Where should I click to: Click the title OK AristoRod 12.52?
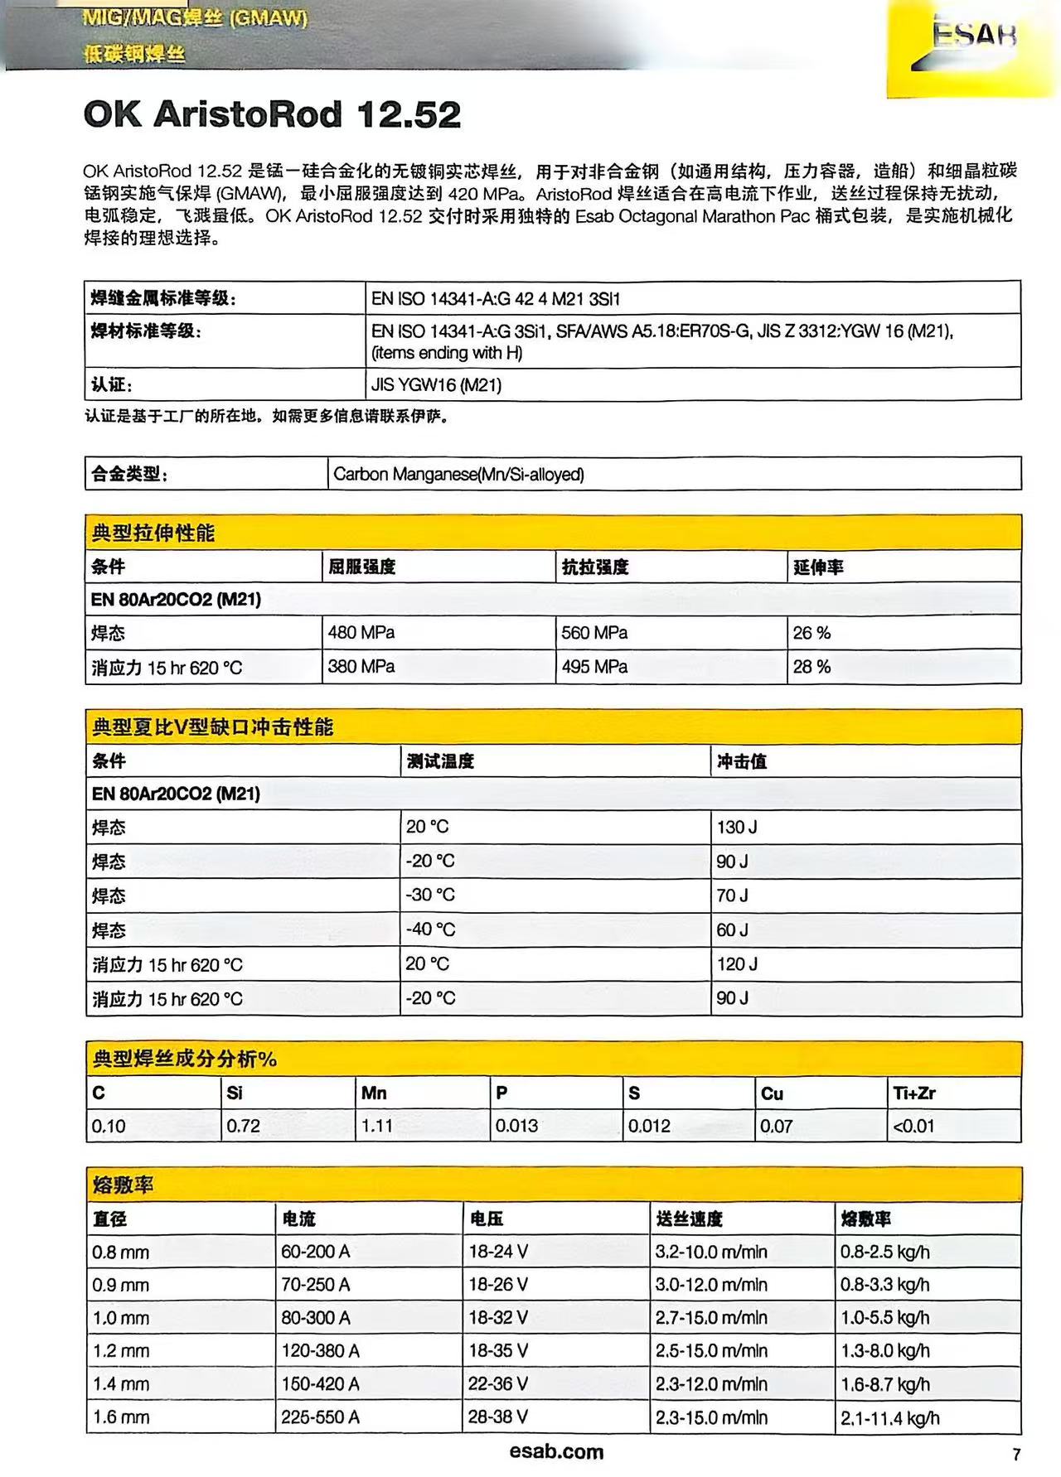coord(272,114)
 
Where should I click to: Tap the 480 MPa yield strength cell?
coord(361,633)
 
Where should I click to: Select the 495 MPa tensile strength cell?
coord(594,667)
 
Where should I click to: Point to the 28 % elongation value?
coord(811,667)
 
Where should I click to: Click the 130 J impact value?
coord(737,827)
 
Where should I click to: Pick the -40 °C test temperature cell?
coord(430,929)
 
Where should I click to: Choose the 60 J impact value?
coord(732,930)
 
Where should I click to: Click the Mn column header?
coord(374,1093)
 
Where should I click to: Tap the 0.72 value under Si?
coord(244,1127)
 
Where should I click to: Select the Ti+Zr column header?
coord(913,1093)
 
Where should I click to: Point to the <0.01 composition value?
coord(913,1127)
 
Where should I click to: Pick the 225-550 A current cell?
coord(320,1417)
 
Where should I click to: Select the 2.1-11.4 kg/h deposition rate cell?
coord(889,1418)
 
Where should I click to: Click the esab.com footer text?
coord(556,1451)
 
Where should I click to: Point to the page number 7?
coord(1016,1455)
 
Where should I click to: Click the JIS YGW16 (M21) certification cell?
coord(436,385)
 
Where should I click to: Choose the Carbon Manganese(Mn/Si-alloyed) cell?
coord(458,475)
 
